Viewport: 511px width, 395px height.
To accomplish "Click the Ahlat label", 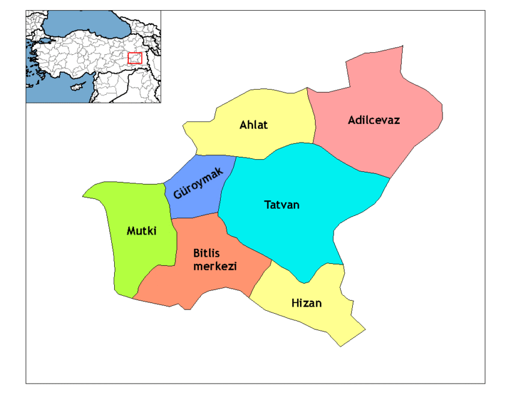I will click(253, 125).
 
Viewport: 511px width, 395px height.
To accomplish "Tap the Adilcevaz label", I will click(373, 120).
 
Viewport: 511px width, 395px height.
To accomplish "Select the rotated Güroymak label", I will click(198, 183).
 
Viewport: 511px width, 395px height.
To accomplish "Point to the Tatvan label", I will click(281, 205).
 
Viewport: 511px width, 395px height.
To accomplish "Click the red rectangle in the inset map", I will click(135, 58).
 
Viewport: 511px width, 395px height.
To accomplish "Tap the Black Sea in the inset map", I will click(84, 24).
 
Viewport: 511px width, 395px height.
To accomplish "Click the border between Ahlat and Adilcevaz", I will click(313, 120).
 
